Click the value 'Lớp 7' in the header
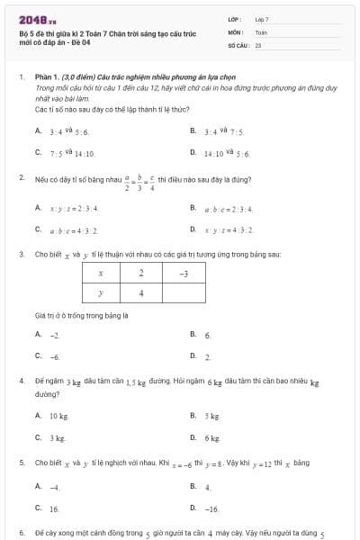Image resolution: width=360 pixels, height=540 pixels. click(262, 19)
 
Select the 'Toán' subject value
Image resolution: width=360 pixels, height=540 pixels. click(261, 31)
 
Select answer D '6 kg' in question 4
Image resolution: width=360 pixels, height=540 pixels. click(211, 437)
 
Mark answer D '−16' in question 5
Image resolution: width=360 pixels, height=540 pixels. click(211, 508)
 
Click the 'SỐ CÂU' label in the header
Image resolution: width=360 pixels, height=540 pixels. click(238, 43)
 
